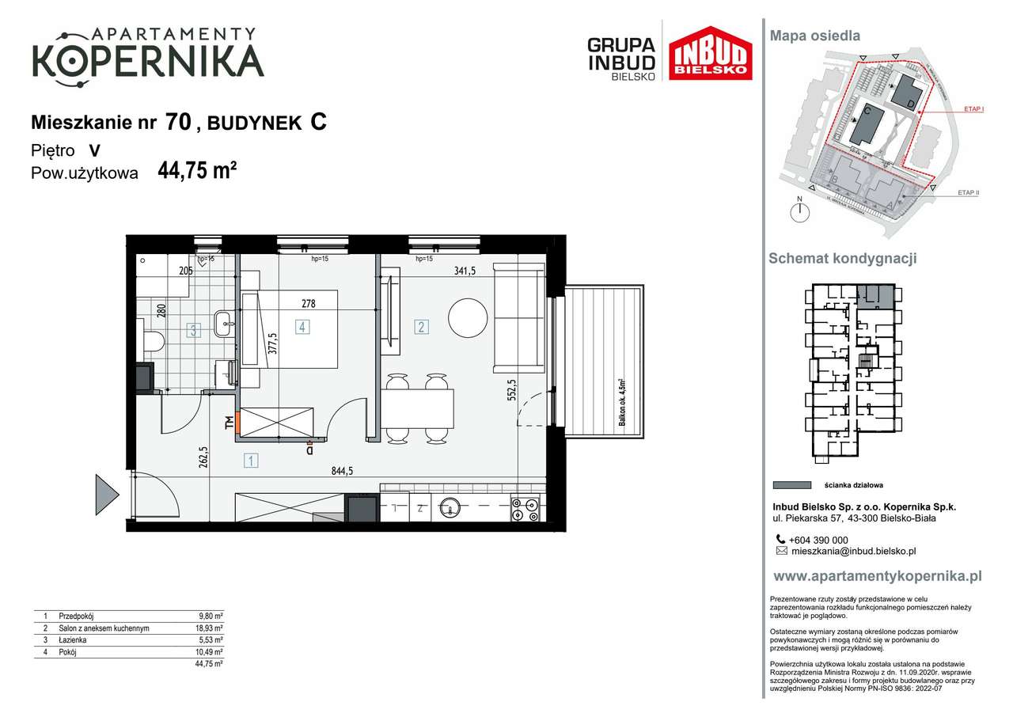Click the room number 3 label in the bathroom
[193, 331]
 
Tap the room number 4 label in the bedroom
[302, 326]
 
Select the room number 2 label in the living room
[422, 326]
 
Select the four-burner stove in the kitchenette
[525, 509]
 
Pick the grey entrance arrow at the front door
[106, 495]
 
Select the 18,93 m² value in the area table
[210, 628]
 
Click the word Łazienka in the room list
[73, 640]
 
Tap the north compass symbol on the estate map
[801, 211]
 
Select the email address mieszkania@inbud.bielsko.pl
[853, 552]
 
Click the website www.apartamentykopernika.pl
[876, 576]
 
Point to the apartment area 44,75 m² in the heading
[198, 172]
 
